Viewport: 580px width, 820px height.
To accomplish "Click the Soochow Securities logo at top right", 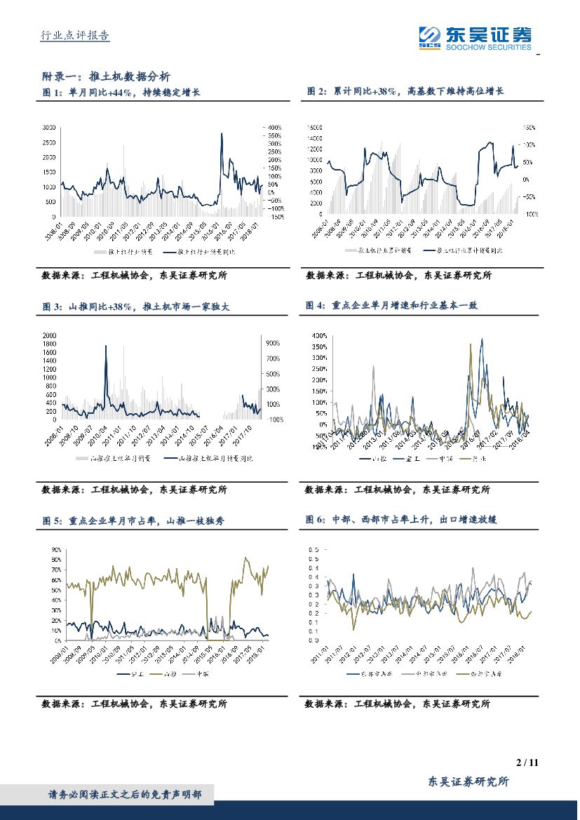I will click(474, 36).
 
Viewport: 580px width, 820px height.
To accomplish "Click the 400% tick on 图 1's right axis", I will click(274, 128).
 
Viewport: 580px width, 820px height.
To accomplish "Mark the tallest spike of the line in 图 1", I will click(222, 133).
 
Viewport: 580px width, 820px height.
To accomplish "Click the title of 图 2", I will click(405, 92).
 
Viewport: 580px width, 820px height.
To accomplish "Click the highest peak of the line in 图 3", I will click(106, 346).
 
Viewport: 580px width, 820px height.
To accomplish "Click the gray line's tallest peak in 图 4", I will click(372, 366).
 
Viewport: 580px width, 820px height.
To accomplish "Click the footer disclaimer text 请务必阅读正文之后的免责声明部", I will click(124, 795).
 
